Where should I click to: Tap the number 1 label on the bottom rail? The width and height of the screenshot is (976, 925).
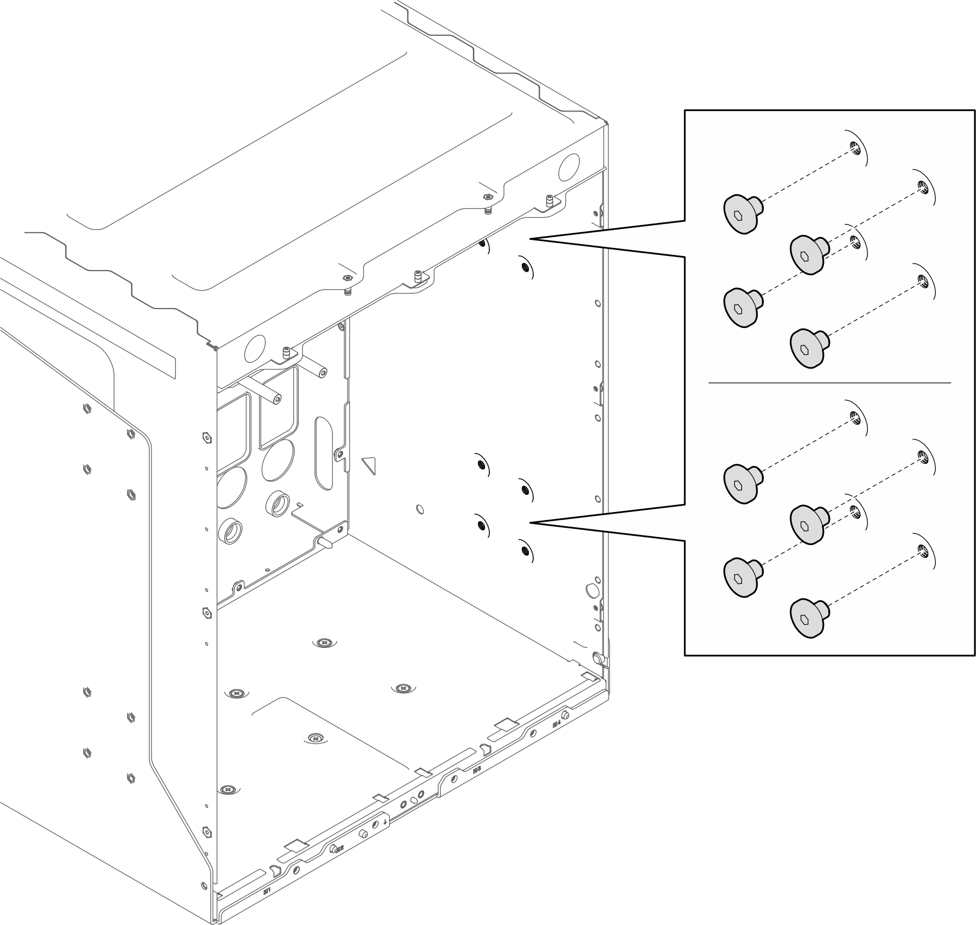tap(266, 891)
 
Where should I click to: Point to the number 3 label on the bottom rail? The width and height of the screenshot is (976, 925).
tap(476, 769)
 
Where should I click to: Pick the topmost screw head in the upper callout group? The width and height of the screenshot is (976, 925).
tap(740, 214)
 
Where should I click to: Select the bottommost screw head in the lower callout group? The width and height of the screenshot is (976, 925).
tap(807, 617)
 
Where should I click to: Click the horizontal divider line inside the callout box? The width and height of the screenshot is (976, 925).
tap(829, 383)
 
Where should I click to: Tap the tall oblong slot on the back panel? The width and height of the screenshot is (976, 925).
tap(323, 454)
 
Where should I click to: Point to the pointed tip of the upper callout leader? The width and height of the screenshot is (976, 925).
tap(530, 239)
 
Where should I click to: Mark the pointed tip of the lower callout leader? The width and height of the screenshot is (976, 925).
tap(530, 522)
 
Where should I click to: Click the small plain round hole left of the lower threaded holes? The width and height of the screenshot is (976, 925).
tap(420, 509)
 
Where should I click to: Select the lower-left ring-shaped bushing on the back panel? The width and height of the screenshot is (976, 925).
tap(230, 530)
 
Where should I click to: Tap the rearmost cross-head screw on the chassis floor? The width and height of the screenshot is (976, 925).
tap(324, 642)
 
